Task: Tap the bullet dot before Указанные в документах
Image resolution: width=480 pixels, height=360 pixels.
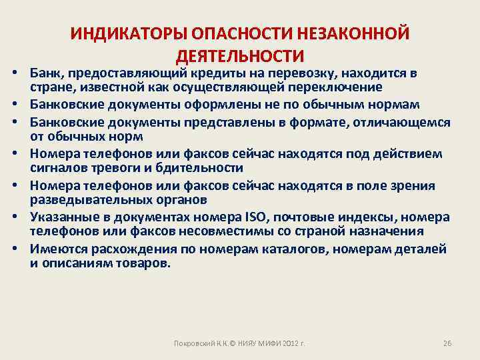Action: (x=13, y=218)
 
